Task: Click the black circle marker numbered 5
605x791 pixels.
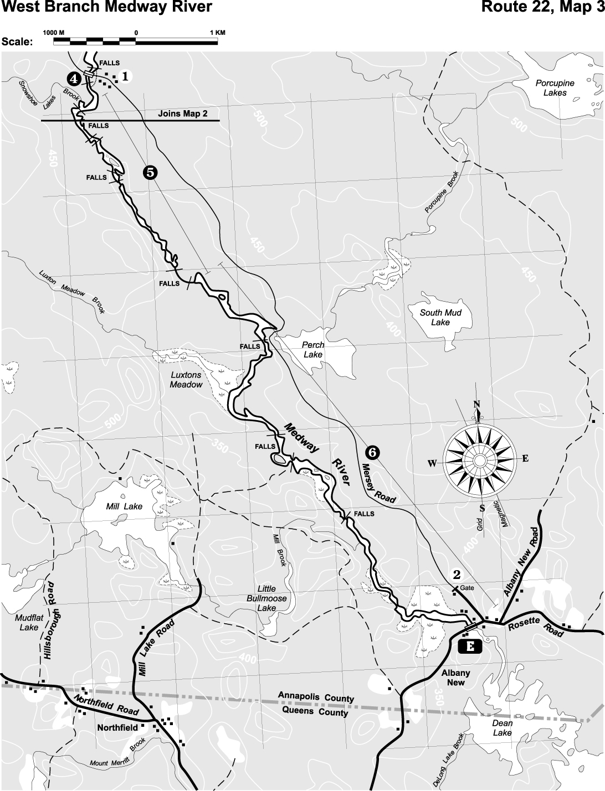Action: pos(150,172)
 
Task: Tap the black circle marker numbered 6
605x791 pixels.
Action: pos(373,452)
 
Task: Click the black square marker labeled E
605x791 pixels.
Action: pos(471,645)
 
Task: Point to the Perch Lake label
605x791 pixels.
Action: pos(313,349)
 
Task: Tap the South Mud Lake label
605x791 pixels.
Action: pos(440,317)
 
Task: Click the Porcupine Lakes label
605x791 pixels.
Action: pos(555,87)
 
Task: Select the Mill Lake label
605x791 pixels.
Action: pos(124,506)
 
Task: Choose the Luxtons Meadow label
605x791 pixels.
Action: pos(186,380)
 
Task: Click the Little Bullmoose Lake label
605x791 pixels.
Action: pos(266,598)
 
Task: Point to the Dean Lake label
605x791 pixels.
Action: pos(503,727)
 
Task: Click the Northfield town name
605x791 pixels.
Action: pos(117,727)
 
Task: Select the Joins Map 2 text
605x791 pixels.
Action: pos(182,113)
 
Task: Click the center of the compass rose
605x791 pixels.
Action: pos(478,459)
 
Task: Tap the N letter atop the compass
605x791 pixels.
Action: pos(476,404)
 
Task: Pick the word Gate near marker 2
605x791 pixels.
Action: pos(467,588)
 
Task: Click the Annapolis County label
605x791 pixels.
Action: pos(316,697)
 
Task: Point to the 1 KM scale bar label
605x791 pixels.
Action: pos(218,33)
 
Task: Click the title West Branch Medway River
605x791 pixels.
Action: pos(107,7)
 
